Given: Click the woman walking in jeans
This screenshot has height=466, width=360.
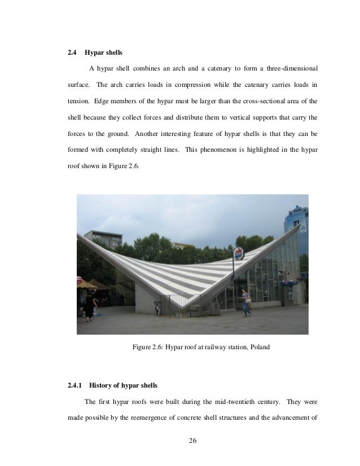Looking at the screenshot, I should tap(246, 302).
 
